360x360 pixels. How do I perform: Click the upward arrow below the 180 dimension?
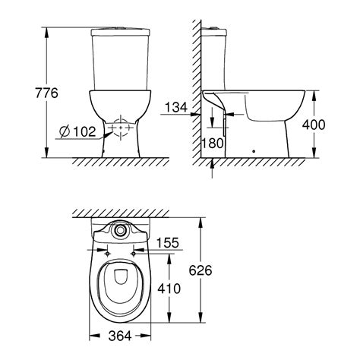click(x=212, y=161)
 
